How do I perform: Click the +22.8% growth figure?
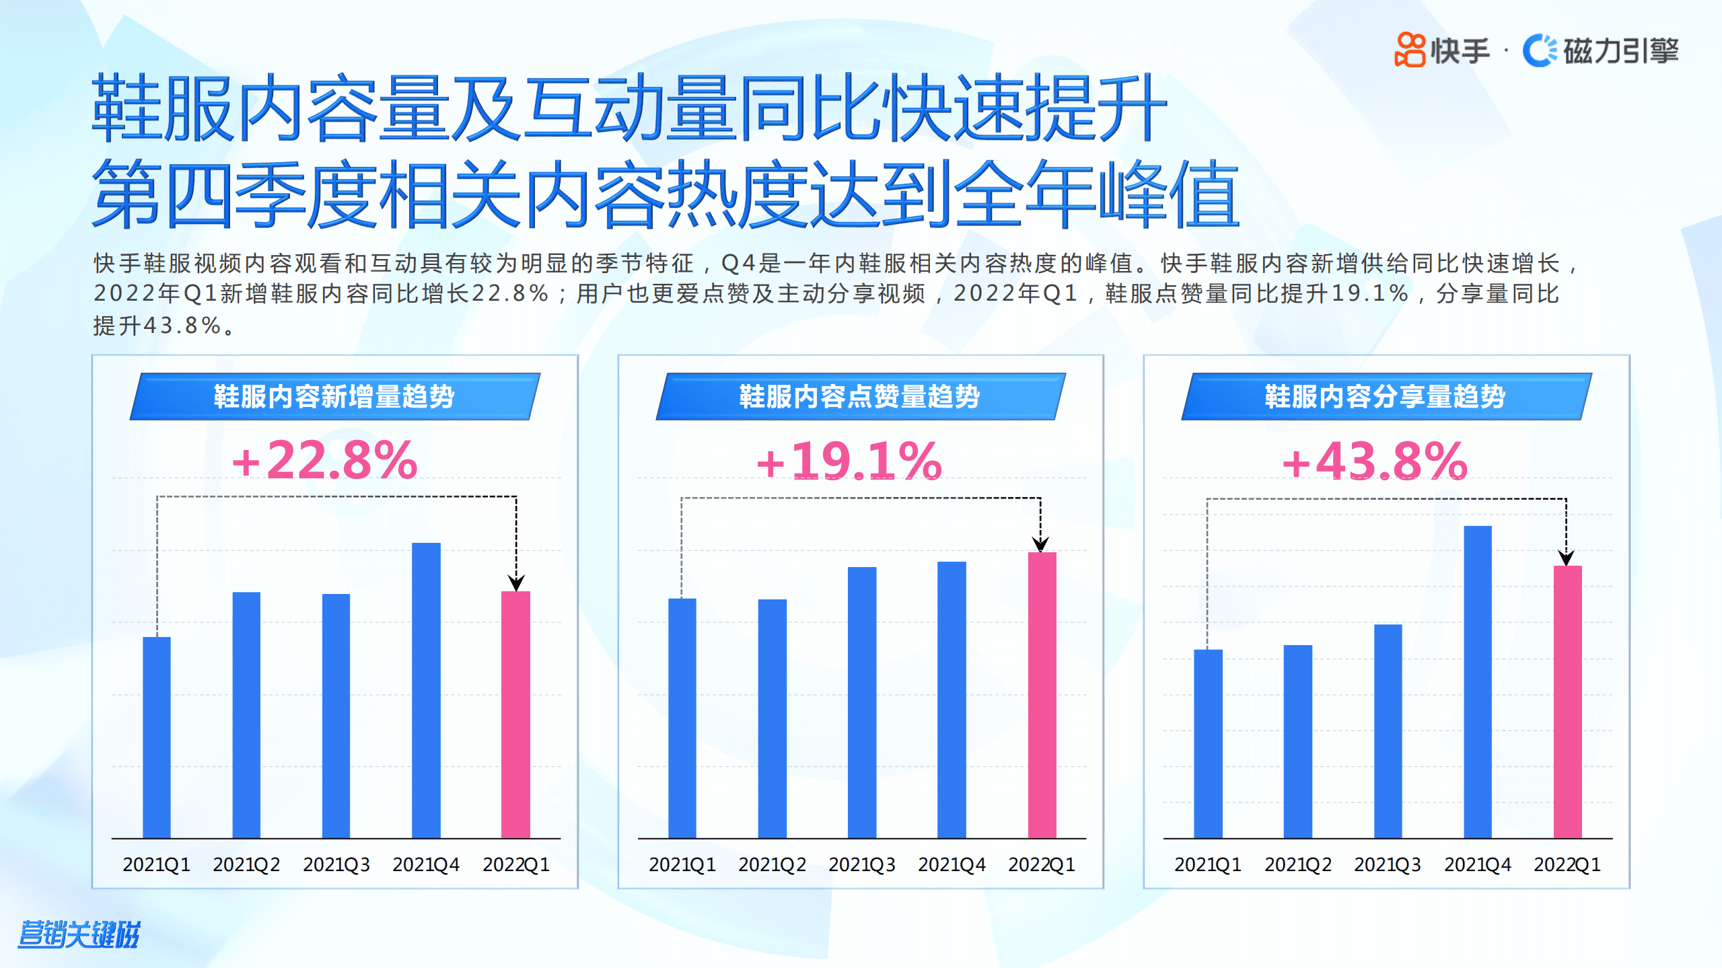pyautogui.click(x=324, y=461)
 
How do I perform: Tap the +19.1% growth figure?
pyautogui.click(x=849, y=461)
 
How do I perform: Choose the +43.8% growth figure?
pyautogui.click(x=1374, y=461)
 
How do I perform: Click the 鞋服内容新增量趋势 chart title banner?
pyautogui.click(x=334, y=396)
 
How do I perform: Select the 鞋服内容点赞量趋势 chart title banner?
pyautogui.click(x=860, y=396)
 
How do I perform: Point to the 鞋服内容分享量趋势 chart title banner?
pyautogui.click(x=1386, y=396)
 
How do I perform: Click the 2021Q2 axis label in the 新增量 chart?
pyautogui.click(x=246, y=864)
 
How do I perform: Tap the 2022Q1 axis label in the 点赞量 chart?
pyautogui.click(x=1041, y=864)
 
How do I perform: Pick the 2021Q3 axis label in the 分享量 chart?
pyautogui.click(x=1388, y=864)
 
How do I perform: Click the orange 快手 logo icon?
pyautogui.click(x=1410, y=50)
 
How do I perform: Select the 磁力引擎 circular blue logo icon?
pyautogui.click(x=1540, y=50)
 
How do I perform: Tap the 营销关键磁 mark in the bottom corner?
pyautogui.click(x=79, y=934)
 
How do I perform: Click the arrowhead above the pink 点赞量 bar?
pyautogui.click(x=1040, y=544)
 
